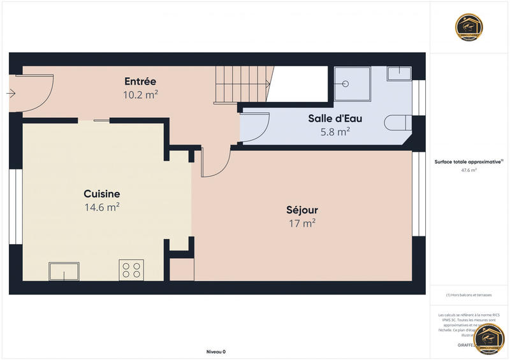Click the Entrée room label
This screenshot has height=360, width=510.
[x=140, y=82]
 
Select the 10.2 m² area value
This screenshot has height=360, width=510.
[x=140, y=94]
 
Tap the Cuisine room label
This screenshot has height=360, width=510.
[x=102, y=194]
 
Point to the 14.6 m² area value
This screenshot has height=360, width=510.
[x=102, y=207]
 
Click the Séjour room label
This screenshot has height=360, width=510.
[x=302, y=210]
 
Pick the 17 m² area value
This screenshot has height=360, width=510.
[x=302, y=223]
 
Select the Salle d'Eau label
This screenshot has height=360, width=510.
[x=335, y=119]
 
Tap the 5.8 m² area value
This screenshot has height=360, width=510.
[x=335, y=132]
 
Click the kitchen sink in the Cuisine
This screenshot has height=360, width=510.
[x=64, y=271]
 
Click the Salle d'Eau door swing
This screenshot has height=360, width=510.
[x=255, y=125]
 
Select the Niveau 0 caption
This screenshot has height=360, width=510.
[x=216, y=352]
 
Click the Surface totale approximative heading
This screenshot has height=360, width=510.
[x=469, y=162]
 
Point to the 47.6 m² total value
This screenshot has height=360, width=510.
[x=469, y=170]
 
